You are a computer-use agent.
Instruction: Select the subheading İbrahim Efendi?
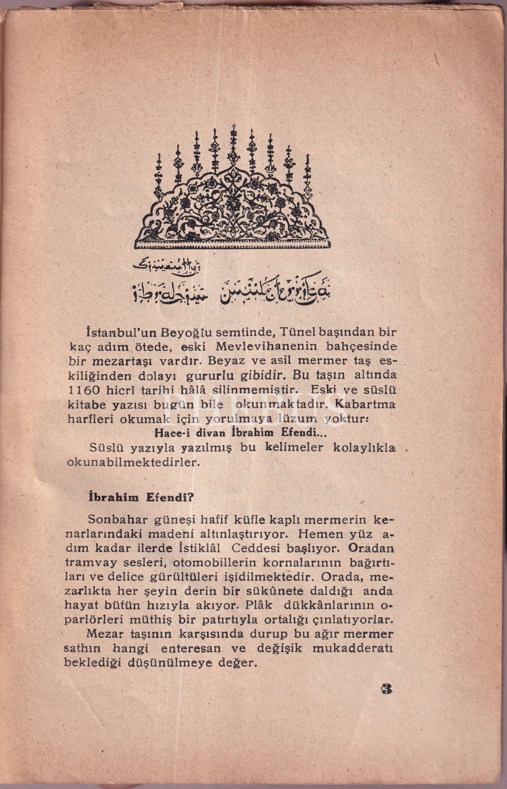135,497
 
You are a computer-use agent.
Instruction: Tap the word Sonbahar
113,520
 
